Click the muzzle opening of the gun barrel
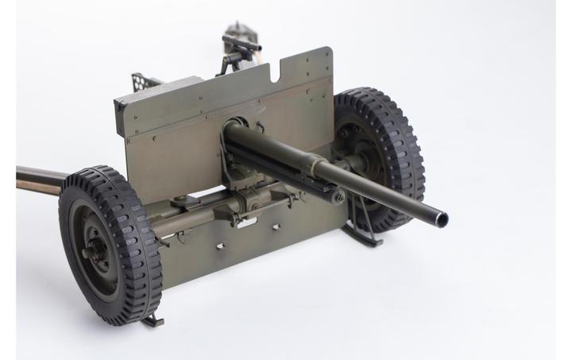439,218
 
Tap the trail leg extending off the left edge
36,180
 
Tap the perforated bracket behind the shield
142,80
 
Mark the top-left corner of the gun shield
117,100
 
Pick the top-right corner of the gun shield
330,49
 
